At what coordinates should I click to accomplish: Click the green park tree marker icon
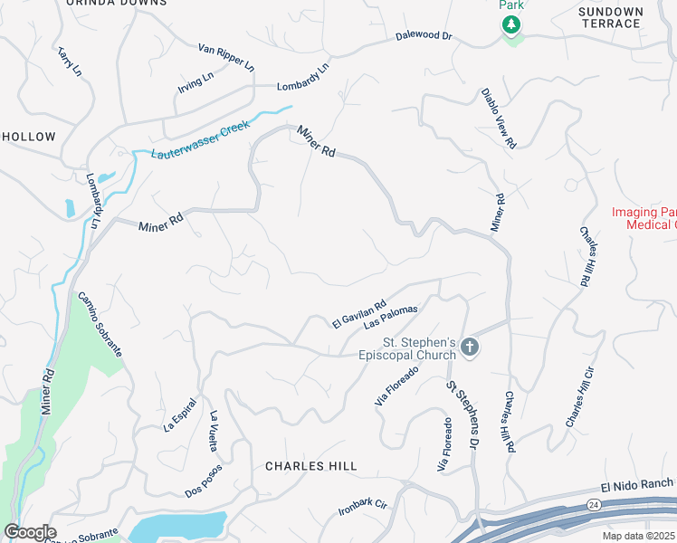click(x=512, y=24)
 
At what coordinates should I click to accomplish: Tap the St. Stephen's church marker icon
click(x=469, y=346)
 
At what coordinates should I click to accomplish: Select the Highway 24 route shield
click(x=592, y=504)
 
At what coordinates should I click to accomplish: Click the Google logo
click(x=29, y=532)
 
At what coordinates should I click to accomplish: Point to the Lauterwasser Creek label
click(x=200, y=141)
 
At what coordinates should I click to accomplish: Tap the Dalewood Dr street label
click(x=424, y=36)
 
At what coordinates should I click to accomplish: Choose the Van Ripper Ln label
click(x=226, y=59)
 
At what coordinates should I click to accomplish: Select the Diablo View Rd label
click(x=498, y=118)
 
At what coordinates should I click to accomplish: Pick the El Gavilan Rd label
click(x=359, y=313)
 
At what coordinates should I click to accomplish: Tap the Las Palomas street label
click(x=391, y=317)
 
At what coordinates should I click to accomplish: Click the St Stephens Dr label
click(x=461, y=415)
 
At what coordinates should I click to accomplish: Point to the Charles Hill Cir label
click(x=579, y=397)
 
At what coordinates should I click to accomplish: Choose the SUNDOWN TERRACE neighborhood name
click(x=611, y=17)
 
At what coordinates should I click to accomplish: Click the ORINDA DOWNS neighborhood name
click(x=117, y=3)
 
